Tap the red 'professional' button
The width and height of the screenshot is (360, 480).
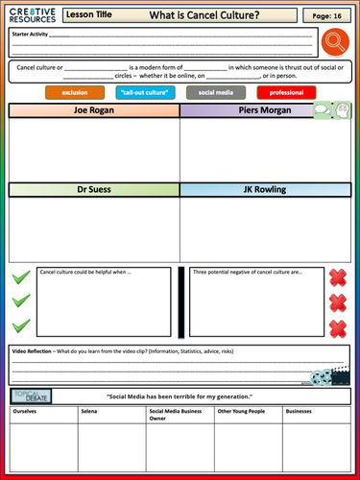pyautogui.click(x=286, y=92)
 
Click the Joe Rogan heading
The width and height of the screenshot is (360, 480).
pyautogui.click(x=93, y=110)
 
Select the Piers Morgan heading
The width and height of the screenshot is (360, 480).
pyautogui.click(x=245, y=110)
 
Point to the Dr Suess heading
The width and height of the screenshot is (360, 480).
pyautogui.click(x=93, y=190)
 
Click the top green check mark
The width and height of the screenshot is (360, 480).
pyautogui.click(x=21, y=278)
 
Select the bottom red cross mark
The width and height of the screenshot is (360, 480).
pyautogui.click(x=338, y=328)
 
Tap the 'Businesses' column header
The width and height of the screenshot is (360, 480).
pyautogui.click(x=300, y=411)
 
